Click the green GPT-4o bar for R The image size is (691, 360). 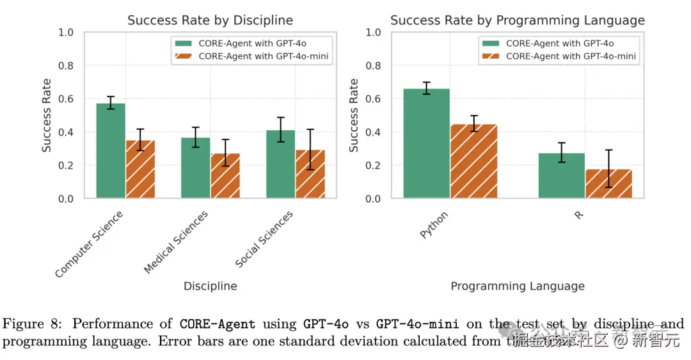[561, 176]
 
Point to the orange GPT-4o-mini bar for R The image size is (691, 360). [608, 184]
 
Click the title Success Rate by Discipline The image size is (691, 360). [210, 20]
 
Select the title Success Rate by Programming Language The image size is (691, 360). [517, 20]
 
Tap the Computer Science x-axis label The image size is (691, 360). [90, 244]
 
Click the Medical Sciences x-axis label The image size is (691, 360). [177, 242]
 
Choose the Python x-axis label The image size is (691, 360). [434, 225]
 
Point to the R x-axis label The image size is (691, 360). [579, 215]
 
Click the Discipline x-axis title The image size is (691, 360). [210, 286]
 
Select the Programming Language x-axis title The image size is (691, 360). [517, 286]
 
